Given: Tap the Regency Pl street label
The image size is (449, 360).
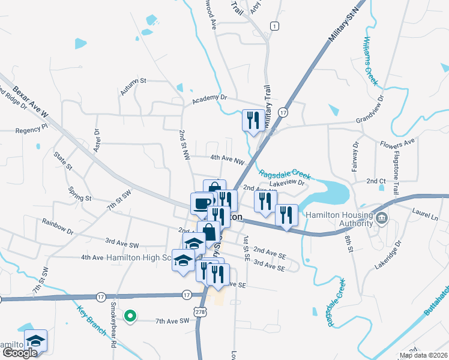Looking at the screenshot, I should [31, 129].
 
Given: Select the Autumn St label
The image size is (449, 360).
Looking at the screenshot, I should [133, 86].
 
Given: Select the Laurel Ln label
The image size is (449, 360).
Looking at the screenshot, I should [426, 211].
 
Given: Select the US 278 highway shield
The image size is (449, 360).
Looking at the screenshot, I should [200, 310].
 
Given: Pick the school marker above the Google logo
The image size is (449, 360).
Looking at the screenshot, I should [35, 340].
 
